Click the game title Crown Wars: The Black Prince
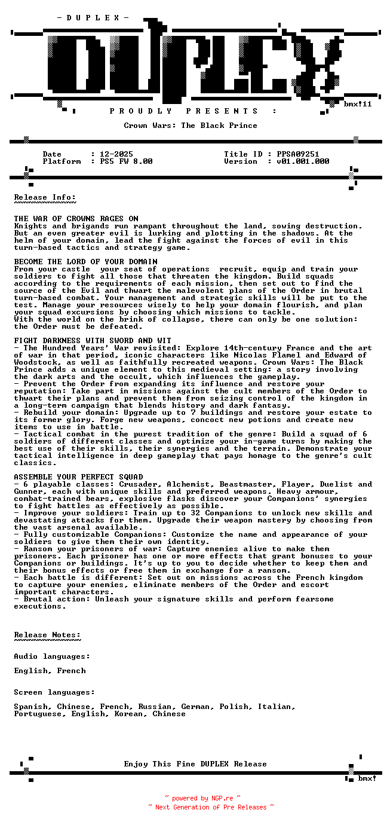tap(191, 126)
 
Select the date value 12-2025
tap(116, 154)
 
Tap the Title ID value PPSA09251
tap(298, 154)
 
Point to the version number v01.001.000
tap(303, 161)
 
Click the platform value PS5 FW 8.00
tap(126, 161)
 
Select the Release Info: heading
tap(45, 197)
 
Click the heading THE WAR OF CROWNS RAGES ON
tap(76, 219)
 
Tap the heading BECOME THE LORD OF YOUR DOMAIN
tap(86, 262)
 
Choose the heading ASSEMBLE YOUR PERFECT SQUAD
tap(79, 477)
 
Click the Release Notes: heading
tap(48, 635)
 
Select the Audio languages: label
tap(53, 656)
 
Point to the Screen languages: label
tap(55, 692)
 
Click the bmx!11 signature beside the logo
tap(358, 104)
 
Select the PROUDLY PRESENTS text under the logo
tap(184, 111)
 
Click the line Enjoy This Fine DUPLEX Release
tap(195, 764)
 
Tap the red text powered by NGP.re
tap(202, 798)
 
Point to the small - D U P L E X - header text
tap(93, 18)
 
